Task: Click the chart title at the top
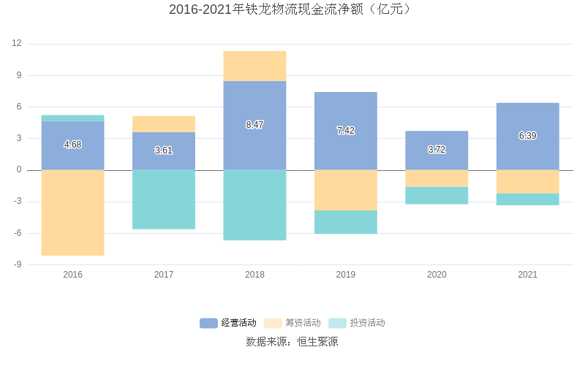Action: tap(292, 9)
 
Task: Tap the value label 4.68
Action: tap(72, 145)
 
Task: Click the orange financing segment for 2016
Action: tap(72, 213)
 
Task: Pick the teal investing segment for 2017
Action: tap(164, 199)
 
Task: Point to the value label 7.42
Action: tap(346, 131)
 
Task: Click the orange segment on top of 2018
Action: tap(254, 66)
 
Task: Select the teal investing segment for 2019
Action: tap(346, 222)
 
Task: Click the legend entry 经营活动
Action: tap(229, 323)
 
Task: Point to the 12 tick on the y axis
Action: tap(17, 44)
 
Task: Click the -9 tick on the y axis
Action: tap(17, 264)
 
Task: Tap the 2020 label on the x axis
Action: tap(437, 275)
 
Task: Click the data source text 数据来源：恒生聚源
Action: tap(292, 341)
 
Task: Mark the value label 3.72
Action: tap(437, 150)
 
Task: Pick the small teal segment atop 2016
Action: tap(72, 118)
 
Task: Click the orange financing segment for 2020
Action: tap(437, 178)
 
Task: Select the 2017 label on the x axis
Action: tap(164, 275)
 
